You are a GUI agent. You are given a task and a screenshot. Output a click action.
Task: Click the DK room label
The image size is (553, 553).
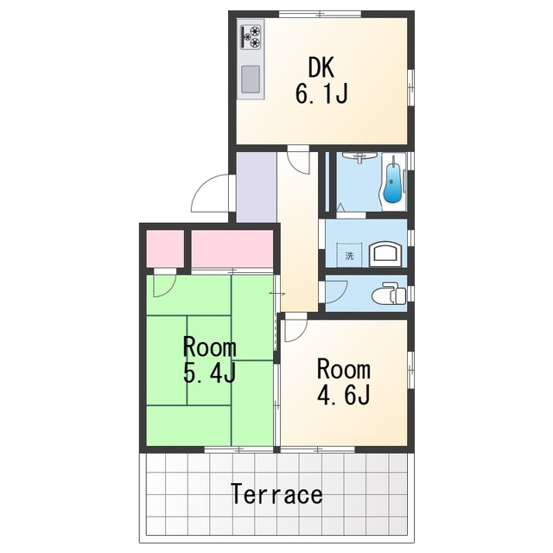click(x=321, y=67)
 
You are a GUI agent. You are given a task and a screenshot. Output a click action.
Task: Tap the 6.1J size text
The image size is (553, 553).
click(x=321, y=93)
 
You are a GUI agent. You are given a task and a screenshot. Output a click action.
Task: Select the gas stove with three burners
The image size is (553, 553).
click(x=251, y=36)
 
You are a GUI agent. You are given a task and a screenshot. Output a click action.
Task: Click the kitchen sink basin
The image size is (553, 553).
click(x=251, y=79)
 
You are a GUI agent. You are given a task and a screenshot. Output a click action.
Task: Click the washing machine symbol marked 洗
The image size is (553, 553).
click(x=349, y=256)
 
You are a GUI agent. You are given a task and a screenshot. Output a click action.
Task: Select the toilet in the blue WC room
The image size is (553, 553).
click(x=389, y=294)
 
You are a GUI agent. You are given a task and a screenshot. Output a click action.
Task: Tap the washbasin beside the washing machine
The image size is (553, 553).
click(x=385, y=254)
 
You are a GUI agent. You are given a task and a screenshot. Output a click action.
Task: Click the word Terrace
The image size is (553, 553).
click(x=276, y=494)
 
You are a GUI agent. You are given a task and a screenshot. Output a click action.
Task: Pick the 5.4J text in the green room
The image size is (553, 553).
click(x=209, y=374)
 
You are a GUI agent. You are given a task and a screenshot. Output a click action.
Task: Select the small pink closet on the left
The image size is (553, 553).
click(x=165, y=249)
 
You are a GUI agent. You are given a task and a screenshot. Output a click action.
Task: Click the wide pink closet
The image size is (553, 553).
click(x=232, y=249)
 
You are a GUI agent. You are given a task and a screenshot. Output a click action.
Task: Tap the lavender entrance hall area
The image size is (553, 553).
click(x=257, y=187)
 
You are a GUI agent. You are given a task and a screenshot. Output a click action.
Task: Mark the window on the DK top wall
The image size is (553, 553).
click(x=321, y=14)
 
